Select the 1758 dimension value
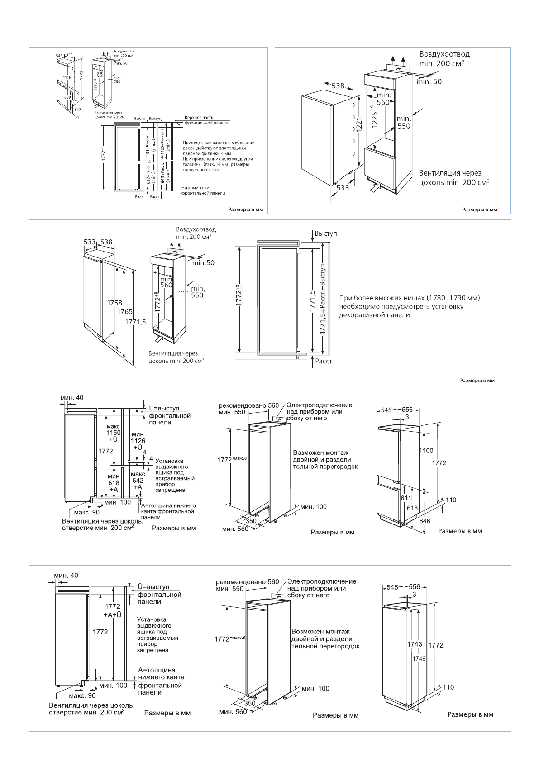coord(114,303)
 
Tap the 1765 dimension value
coord(125,312)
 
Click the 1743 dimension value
coord(415,644)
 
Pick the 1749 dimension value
coord(419,658)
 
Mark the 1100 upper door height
coord(426,451)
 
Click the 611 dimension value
coord(406,498)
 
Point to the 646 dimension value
coord(425,521)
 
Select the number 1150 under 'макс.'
coord(114,433)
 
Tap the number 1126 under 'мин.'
coord(138,441)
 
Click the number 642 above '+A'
coord(138,481)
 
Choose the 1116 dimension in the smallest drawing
coord(67,77)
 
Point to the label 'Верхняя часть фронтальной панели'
coord(206,120)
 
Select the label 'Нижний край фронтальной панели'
coord(203,190)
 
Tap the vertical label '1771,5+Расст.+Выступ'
coord(323,299)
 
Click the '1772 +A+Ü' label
coord(113,610)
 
